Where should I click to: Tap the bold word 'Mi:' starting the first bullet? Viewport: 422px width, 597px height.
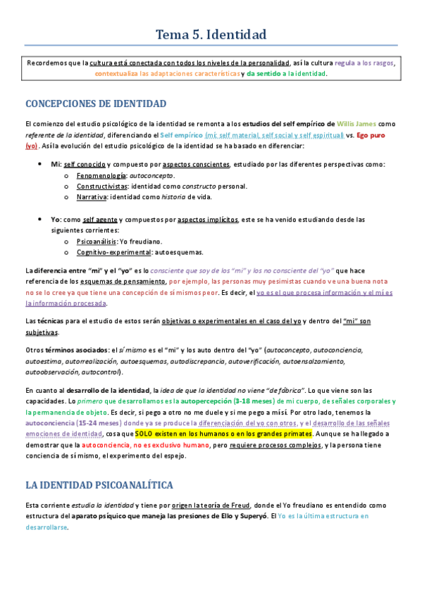pos(56,164)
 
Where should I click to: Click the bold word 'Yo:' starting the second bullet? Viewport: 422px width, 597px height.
pos(56,219)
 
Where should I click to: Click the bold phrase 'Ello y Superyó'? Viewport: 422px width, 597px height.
pos(235,517)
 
